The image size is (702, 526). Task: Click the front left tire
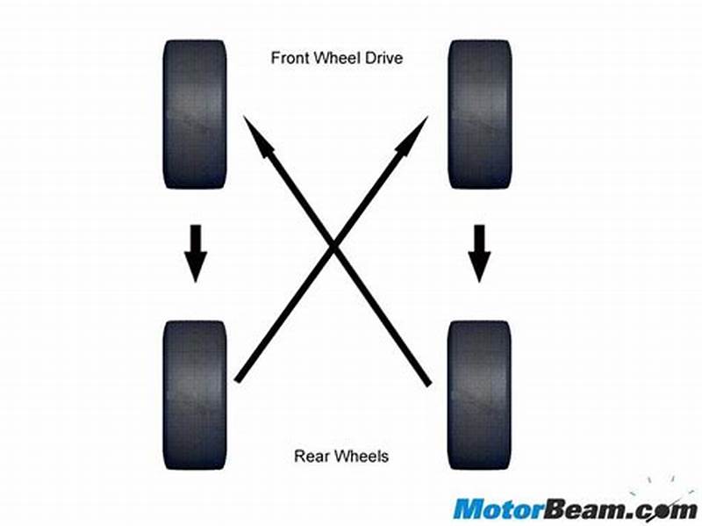point(195,114)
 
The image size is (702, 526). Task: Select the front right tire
point(479,114)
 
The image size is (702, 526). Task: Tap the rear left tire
point(195,394)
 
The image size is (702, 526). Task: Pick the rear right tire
point(479,394)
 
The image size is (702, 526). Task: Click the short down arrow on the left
point(195,253)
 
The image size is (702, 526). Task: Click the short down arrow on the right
point(479,253)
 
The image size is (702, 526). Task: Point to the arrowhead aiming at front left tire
point(258,136)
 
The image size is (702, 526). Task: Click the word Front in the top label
point(289,60)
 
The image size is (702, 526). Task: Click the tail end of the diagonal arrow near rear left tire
point(238,380)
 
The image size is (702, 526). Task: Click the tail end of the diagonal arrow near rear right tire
point(428,383)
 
